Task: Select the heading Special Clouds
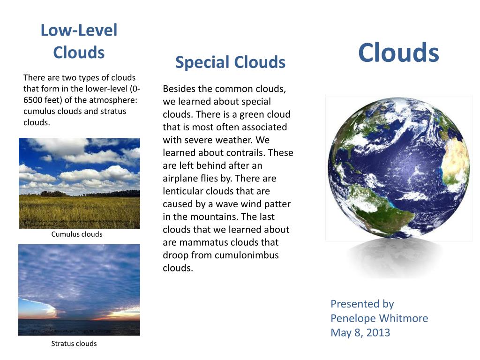tap(230, 62)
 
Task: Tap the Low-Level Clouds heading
tap(79, 41)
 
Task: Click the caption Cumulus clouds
tap(76, 234)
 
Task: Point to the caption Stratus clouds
tap(74, 344)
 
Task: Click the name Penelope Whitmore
tap(379, 318)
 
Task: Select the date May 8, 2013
tap(360, 333)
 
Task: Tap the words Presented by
tap(362, 304)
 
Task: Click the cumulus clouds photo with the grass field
tap(79, 183)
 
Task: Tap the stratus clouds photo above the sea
tap(79, 290)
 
